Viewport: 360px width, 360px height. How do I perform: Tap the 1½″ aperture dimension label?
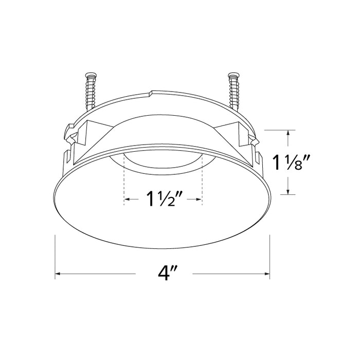pyautogui.click(x=164, y=199)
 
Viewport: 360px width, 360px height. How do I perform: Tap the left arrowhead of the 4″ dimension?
pyautogui.click(x=58, y=274)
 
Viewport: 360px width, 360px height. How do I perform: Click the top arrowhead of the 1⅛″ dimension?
pyautogui.click(x=290, y=132)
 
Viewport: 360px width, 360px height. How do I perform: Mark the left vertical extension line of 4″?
pyautogui.click(x=55, y=257)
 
